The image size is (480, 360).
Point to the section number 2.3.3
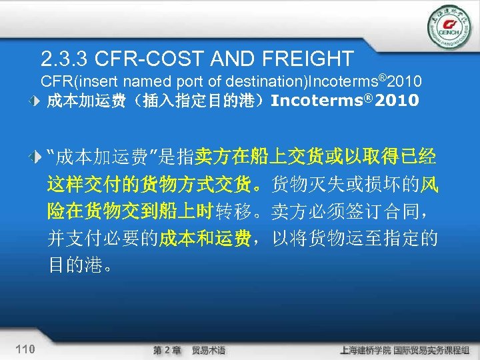[64, 59]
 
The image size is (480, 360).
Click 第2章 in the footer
[167, 350]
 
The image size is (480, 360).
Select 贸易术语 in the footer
[208, 350]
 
